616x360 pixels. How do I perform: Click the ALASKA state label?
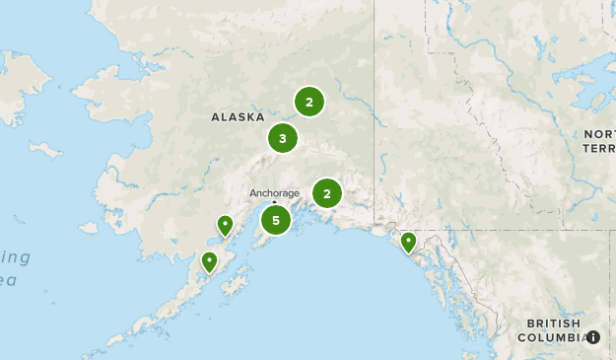tap(239, 116)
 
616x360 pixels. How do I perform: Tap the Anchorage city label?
tap(274, 193)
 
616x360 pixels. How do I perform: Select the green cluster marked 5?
tap(276, 220)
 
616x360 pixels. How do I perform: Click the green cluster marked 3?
tap(282, 138)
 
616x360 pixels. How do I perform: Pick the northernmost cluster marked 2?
tap(309, 102)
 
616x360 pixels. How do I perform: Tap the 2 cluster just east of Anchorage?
tap(327, 193)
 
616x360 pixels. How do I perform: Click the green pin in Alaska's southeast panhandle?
tap(408, 242)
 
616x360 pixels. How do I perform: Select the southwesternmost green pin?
tap(209, 261)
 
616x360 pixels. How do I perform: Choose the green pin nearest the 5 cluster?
tap(226, 226)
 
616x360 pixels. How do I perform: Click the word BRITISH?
tap(553, 324)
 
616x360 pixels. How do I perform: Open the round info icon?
tap(593, 337)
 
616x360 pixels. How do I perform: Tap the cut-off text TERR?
tap(598, 148)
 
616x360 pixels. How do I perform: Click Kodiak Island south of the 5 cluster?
tap(237, 285)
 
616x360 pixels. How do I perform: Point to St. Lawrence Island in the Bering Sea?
tap(45, 150)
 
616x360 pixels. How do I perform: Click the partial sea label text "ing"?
tap(16, 257)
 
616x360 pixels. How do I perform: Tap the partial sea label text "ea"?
tap(9, 280)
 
